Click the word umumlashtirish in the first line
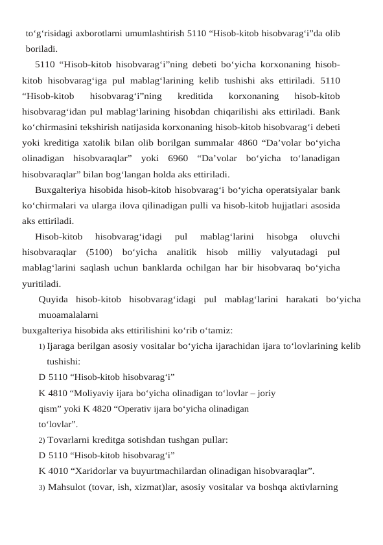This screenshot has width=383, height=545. click(157, 33)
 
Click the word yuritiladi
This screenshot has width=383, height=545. click(42, 283)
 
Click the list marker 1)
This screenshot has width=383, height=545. click(41, 347)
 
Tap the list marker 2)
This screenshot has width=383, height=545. click(41, 440)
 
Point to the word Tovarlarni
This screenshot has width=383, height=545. click(70, 440)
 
